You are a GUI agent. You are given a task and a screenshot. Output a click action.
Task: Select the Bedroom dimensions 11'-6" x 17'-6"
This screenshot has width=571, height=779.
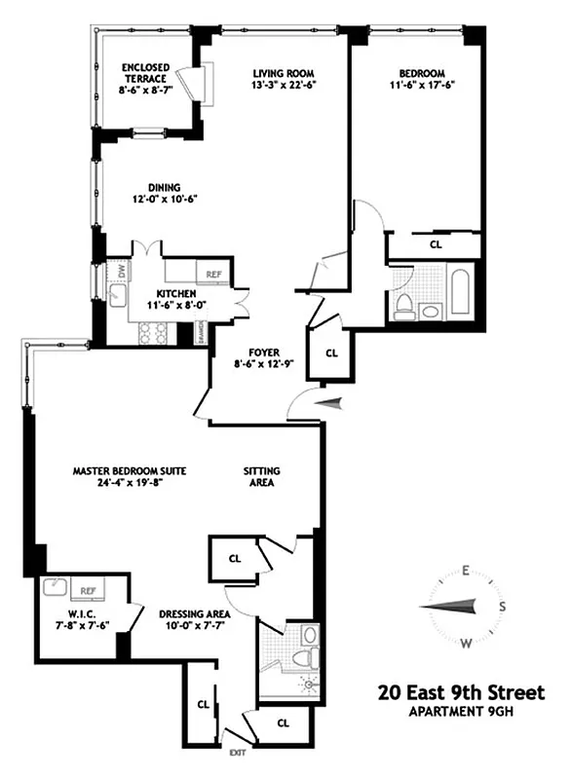(x=422, y=85)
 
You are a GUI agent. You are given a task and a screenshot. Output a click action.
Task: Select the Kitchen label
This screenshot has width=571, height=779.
(x=176, y=294)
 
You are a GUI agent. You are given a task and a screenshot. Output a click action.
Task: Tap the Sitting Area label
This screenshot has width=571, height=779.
(x=260, y=477)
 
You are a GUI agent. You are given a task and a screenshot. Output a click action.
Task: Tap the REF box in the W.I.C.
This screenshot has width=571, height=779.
(x=87, y=590)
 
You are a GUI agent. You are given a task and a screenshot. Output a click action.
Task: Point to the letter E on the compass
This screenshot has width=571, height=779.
(x=467, y=571)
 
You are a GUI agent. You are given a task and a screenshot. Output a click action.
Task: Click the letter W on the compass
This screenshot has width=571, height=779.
(x=467, y=642)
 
